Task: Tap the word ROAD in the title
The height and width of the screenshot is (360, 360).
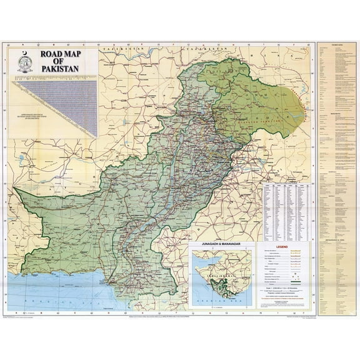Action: coord(54,54)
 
